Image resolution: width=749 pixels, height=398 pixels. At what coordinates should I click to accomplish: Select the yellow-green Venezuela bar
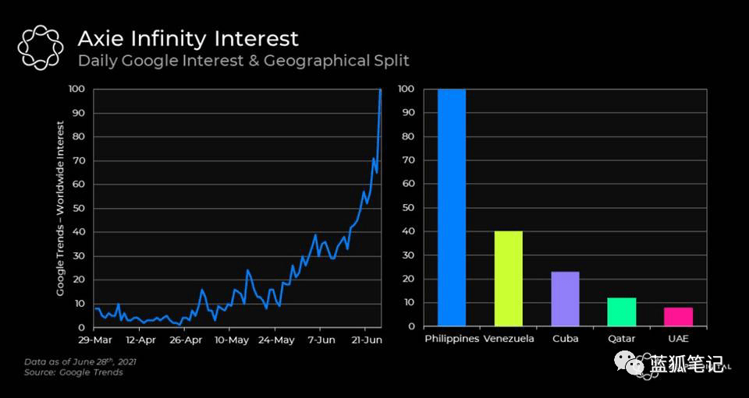point(508,279)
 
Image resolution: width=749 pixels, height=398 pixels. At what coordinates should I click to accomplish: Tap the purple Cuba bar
point(565,299)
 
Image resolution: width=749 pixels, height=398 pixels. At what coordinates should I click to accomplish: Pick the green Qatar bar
point(622,312)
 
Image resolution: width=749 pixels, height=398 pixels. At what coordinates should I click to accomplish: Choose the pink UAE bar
point(678,316)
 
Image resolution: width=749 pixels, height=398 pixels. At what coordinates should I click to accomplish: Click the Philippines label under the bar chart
point(452,340)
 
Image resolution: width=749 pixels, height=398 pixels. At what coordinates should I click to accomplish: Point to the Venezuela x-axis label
point(509,340)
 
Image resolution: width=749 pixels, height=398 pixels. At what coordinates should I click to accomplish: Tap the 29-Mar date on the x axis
point(94,340)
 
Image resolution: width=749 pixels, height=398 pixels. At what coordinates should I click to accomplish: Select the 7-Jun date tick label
point(321,340)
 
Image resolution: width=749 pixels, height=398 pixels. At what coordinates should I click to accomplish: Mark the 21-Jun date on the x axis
point(366,340)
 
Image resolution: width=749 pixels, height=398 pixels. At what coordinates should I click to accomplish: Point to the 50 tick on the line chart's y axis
point(76,208)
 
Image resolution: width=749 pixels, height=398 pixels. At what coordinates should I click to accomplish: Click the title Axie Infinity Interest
point(187,38)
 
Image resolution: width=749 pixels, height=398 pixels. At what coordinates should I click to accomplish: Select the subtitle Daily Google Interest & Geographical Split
point(243,61)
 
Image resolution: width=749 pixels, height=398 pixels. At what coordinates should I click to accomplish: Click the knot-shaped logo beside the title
point(40,48)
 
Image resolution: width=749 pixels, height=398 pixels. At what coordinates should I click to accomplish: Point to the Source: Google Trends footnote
point(73,373)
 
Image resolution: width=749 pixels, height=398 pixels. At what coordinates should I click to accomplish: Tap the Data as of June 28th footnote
point(80,362)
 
